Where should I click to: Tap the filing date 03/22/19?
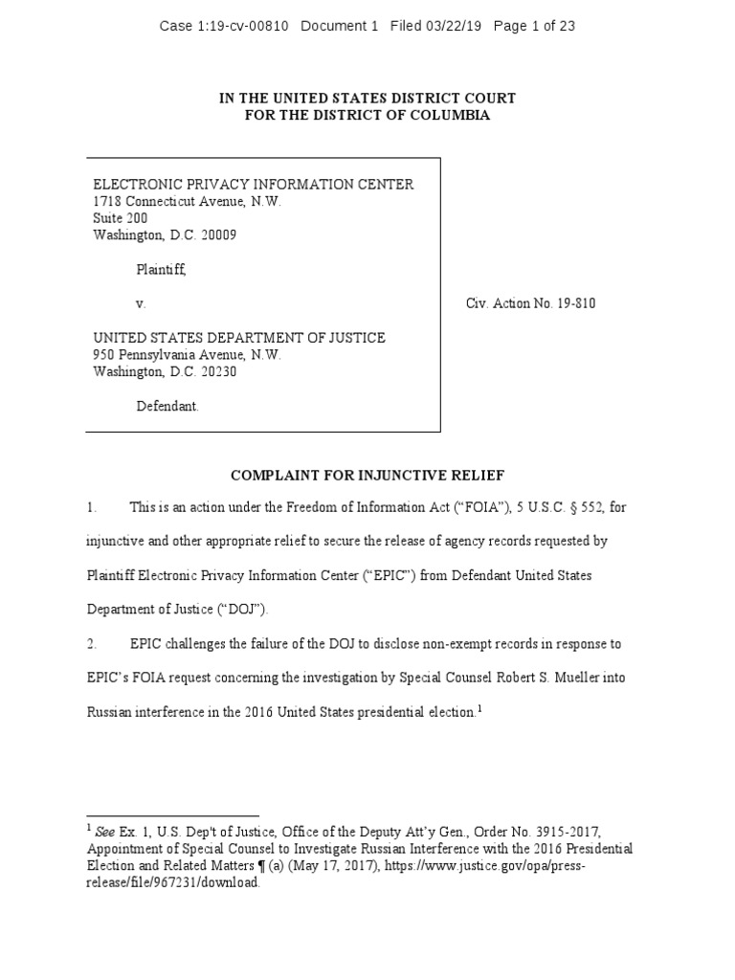[456, 27]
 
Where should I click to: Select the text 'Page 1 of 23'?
[534, 27]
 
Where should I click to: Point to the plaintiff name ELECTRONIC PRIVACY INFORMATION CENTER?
[253, 185]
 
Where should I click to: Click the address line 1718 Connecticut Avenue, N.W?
[187, 202]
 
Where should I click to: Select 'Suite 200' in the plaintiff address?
[120, 218]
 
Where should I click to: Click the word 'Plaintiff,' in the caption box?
[161, 270]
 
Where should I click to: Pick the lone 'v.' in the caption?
[141, 303]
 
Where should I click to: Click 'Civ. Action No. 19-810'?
[531, 303]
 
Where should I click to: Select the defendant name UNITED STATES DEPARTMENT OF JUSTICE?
[239, 338]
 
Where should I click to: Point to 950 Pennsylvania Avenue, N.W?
[187, 355]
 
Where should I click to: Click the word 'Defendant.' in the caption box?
[167, 406]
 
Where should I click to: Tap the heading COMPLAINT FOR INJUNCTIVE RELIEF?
[367, 475]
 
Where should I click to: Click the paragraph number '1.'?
[92, 507]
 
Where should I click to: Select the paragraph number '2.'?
[92, 644]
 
